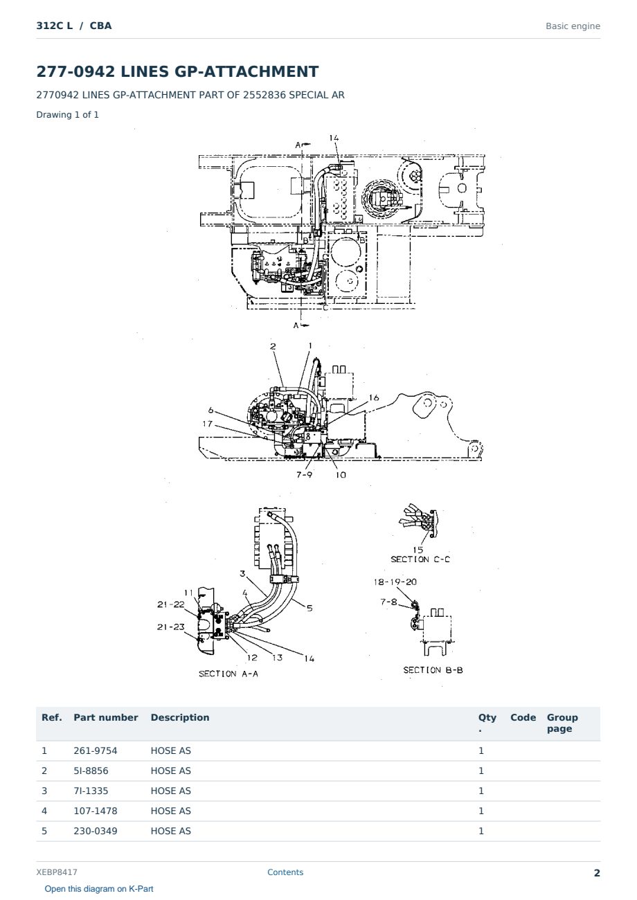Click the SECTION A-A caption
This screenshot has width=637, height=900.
[x=228, y=674]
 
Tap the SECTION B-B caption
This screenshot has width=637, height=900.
[x=433, y=669]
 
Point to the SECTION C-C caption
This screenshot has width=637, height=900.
[x=420, y=559]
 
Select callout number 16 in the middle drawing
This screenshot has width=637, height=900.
[x=374, y=397]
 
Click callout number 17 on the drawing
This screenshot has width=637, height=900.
[x=208, y=424]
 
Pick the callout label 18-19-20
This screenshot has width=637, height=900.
[x=395, y=582]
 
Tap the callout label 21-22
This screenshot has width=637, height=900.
[x=171, y=604]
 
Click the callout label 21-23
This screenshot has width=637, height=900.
[x=171, y=627]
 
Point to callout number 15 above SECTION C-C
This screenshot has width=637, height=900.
[x=418, y=549]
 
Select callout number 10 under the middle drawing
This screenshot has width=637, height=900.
[x=341, y=475]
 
